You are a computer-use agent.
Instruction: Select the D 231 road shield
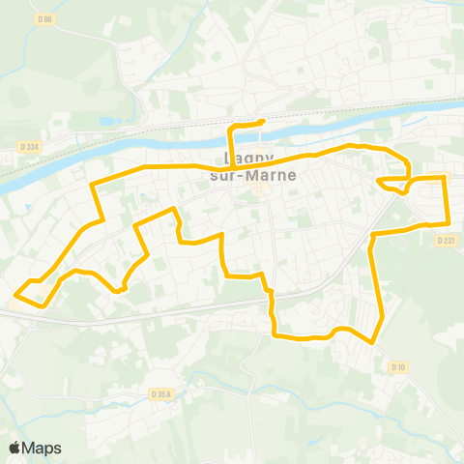coord(445,240)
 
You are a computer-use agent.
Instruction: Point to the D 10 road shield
coord(398,366)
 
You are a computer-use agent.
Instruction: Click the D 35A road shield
coord(160,394)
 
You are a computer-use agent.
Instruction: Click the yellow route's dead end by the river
coord(263,121)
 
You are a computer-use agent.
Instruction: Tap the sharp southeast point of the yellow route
coord(373,342)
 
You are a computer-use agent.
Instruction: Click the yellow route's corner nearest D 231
coord(448,223)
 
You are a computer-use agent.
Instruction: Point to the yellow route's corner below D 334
coord(92,183)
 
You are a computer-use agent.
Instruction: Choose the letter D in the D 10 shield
coord(393,366)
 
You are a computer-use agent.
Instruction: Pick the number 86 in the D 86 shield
coord(45,18)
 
